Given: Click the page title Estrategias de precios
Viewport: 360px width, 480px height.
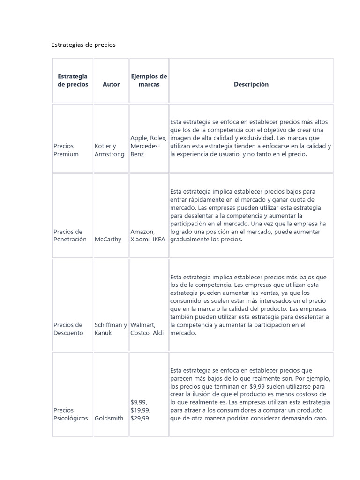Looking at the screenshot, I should (83, 45).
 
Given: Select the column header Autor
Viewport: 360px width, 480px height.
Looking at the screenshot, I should (111, 84).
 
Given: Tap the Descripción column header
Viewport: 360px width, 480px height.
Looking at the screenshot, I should (251, 84).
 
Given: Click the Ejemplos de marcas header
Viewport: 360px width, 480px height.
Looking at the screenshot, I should (149, 80).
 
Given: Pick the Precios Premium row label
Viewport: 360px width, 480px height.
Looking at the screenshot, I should (66, 150).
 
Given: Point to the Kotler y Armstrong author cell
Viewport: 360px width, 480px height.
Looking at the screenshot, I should (109, 150).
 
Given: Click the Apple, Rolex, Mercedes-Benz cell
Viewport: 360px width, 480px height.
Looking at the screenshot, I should (148, 146).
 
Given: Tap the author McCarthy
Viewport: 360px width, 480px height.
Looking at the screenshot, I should (108, 240).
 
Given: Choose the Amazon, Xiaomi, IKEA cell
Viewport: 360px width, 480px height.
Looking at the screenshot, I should (148, 235).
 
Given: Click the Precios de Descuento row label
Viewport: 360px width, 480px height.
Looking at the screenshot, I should (68, 329).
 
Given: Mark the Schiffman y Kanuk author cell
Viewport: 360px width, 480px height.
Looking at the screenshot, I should (111, 329).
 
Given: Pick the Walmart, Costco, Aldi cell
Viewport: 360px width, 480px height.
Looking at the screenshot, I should (149, 329).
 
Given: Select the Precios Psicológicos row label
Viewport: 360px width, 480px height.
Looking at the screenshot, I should (71, 414).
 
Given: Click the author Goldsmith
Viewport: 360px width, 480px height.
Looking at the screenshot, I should (110, 418).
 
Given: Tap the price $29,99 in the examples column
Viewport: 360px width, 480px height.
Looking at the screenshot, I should (140, 418).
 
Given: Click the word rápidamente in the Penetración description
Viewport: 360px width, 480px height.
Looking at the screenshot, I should (206, 200).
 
